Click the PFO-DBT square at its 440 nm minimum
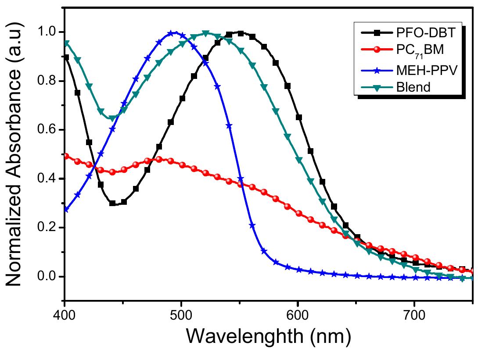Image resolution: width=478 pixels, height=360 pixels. pyautogui.click(x=112, y=203)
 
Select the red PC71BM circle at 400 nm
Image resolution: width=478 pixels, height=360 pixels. pyautogui.click(x=66, y=156)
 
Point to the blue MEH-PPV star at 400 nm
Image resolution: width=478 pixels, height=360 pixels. pyautogui.click(x=66, y=210)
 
